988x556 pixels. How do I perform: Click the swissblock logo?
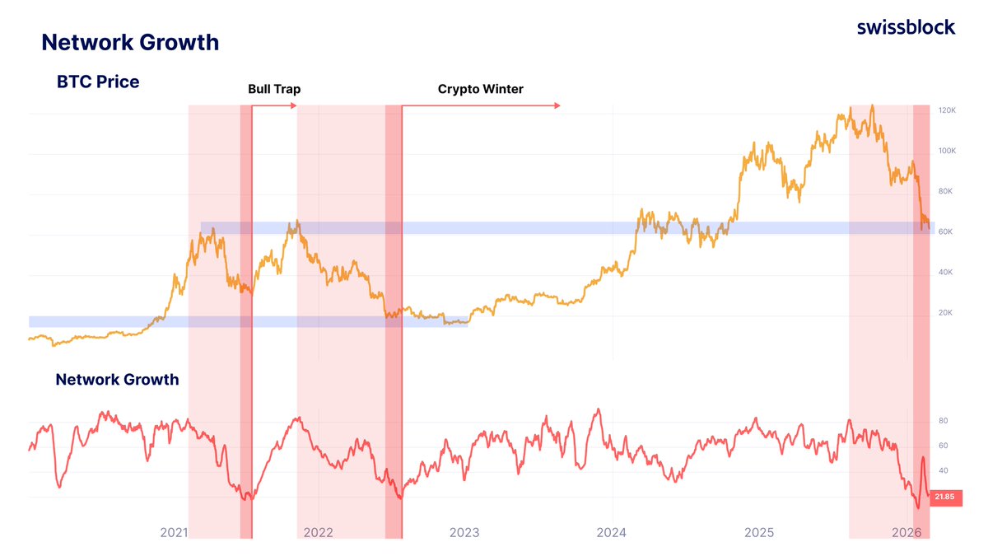click(x=906, y=26)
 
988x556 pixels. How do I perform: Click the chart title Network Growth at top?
click(x=130, y=42)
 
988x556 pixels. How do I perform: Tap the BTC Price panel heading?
click(x=98, y=82)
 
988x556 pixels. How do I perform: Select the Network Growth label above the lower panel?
click(x=117, y=380)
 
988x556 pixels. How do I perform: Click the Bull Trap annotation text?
click(x=274, y=89)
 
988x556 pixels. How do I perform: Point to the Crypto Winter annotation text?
click(x=480, y=89)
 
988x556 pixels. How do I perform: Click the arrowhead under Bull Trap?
click(x=294, y=105)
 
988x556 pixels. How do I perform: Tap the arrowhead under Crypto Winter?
click(x=557, y=105)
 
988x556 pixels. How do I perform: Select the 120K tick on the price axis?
click(x=945, y=110)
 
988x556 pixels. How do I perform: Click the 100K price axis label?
click(x=945, y=152)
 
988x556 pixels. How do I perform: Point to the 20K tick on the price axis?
click(x=945, y=313)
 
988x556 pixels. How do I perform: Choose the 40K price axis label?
click(x=945, y=273)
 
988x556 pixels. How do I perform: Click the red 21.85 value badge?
click(x=944, y=497)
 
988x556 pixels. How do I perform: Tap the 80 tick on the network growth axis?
click(x=944, y=421)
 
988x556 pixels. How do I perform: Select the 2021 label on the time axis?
click(x=174, y=533)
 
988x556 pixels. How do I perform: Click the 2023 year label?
click(x=464, y=533)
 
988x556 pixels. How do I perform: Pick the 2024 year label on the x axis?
click(x=612, y=533)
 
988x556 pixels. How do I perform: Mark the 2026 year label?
click(x=906, y=533)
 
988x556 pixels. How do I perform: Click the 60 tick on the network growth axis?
click(x=944, y=446)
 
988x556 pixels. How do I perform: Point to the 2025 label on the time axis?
click(x=759, y=533)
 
